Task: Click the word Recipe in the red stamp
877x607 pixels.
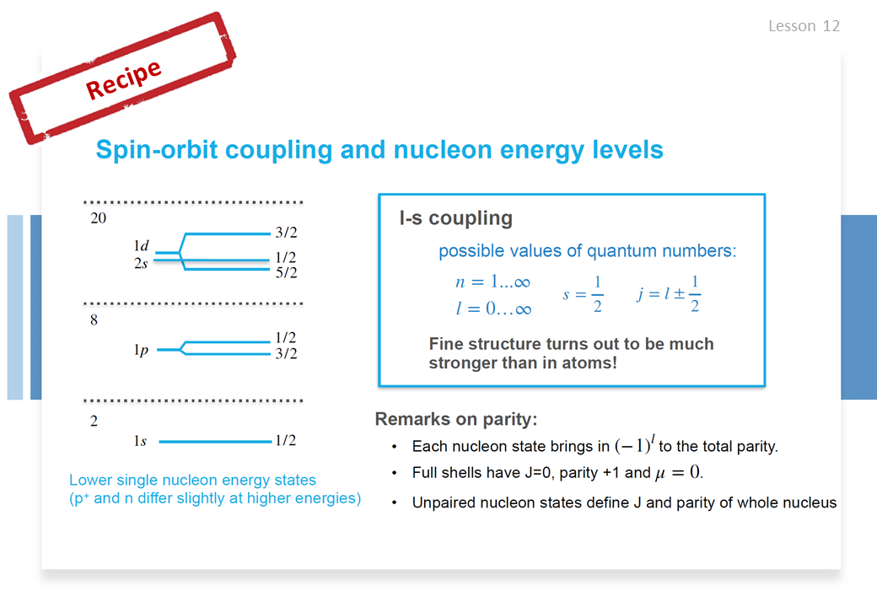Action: pyautogui.click(x=124, y=79)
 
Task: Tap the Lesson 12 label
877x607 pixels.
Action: pyautogui.click(x=804, y=26)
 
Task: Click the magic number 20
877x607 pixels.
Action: pyautogui.click(x=99, y=218)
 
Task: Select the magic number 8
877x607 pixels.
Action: pyautogui.click(x=94, y=320)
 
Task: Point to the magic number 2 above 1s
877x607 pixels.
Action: pyautogui.click(x=94, y=421)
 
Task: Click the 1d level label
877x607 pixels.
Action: pyautogui.click(x=141, y=245)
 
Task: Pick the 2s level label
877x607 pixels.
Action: pyautogui.click(x=141, y=263)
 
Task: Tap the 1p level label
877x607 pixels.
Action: pyautogui.click(x=141, y=350)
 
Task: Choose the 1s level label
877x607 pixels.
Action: pyautogui.click(x=140, y=441)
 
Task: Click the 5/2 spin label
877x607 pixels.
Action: pyautogui.click(x=287, y=272)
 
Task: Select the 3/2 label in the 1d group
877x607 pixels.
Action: pyautogui.click(x=287, y=232)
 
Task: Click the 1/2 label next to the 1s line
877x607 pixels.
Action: pyautogui.click(x=286, y=440)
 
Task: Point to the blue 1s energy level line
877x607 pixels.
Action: pyautogui.click(x=215, y=442)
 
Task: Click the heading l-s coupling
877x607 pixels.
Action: pyautogui.click(x=456, y=218)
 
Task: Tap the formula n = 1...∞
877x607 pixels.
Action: pyautogui.click(x=492, y=282)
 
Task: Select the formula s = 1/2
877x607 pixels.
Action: pyautogui.click(x=583, y=293)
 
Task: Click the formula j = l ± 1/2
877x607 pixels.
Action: pyautogui.click(x=669, y=293)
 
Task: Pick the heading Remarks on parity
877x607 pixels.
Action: pyautogui.click(x=456, y=419)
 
